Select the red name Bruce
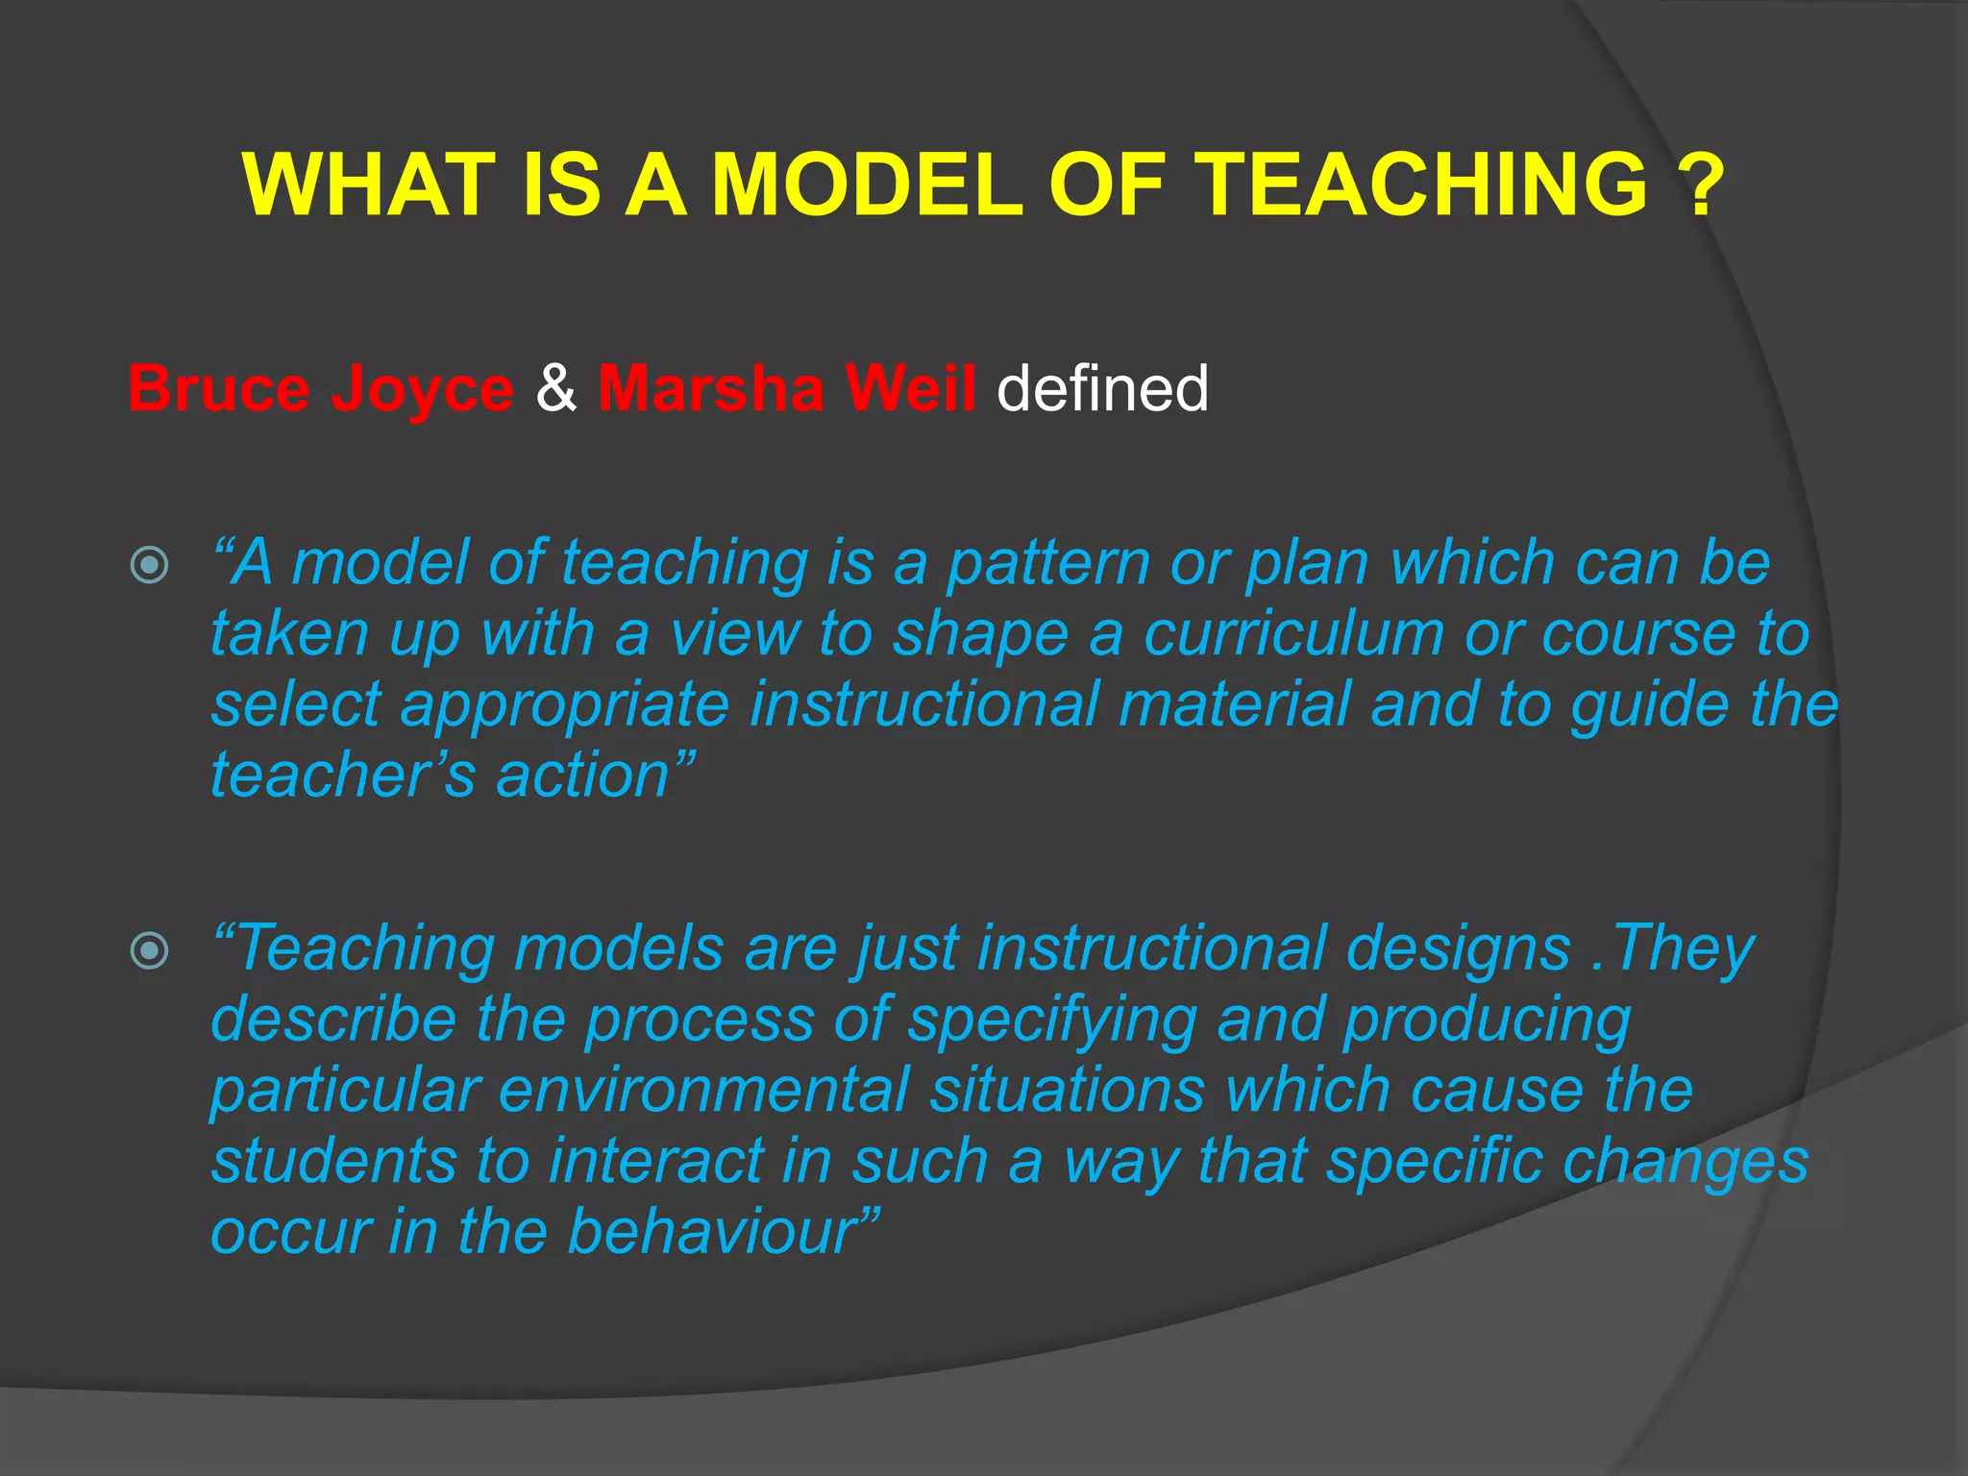pos(219,389)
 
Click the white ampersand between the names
pos(556,389)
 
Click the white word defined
pos(1102,389)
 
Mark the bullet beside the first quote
pos(149,565)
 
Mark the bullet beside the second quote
pos(149,951)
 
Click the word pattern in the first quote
pos(1048,564)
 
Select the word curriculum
pos(1293,635)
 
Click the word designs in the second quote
pos(1458,949)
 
